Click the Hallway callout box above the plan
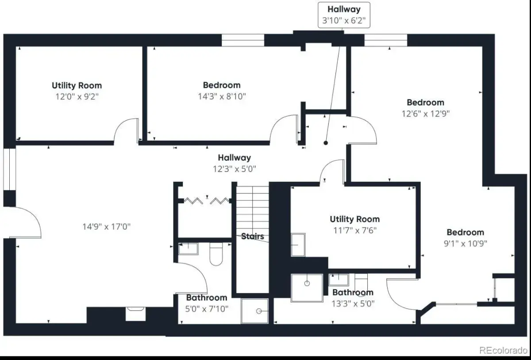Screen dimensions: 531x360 point(344,15)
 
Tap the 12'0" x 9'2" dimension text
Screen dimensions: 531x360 point(77,97)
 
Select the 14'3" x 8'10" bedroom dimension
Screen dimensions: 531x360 point(222,96)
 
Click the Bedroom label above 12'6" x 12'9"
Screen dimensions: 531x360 point(426,102)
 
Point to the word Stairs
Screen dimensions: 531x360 point(253,236)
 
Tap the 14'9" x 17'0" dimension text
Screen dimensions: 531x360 point(107,226)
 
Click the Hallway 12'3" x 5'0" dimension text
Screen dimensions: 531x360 point(235,169)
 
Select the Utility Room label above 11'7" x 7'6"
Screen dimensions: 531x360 point(354,219)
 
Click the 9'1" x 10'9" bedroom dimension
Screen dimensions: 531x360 point(466,243)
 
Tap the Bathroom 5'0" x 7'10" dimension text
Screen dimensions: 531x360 point(207,309)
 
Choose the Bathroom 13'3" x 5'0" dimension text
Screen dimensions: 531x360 point(353,303)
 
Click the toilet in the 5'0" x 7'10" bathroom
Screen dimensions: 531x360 point(216,254)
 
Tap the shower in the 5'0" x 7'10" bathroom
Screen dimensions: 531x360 point(255,311)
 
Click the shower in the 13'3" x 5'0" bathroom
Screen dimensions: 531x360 point(307,288)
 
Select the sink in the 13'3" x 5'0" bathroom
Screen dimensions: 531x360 point(339,280)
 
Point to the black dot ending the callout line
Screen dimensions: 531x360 point(326,143)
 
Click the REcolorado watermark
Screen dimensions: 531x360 point(504,350)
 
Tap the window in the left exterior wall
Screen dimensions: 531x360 point(9,169)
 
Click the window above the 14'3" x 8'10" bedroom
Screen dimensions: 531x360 point(243,40)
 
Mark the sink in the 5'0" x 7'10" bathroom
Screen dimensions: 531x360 point(188,249)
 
